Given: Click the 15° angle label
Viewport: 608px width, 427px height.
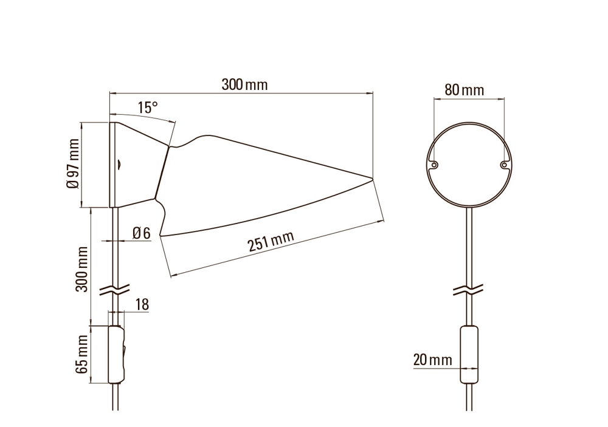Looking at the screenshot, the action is click(148, 108).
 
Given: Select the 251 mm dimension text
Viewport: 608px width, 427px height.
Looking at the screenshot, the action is click(271, 241).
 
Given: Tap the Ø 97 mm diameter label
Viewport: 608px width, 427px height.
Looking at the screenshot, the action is click(73, 163).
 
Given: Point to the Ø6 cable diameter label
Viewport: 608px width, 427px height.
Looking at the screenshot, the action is click(141, 233).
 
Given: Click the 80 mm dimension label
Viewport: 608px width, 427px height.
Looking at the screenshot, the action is click(464, 90).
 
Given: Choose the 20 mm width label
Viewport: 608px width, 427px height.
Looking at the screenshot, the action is click(433, 360).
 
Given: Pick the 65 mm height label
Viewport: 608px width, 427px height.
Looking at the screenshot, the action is click(82, 355).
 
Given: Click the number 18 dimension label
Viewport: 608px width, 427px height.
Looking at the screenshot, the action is click(142, 304).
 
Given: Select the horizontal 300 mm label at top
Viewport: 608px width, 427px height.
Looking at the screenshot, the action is click(244, 84).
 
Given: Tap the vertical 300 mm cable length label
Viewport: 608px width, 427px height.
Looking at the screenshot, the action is click(82, 269).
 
